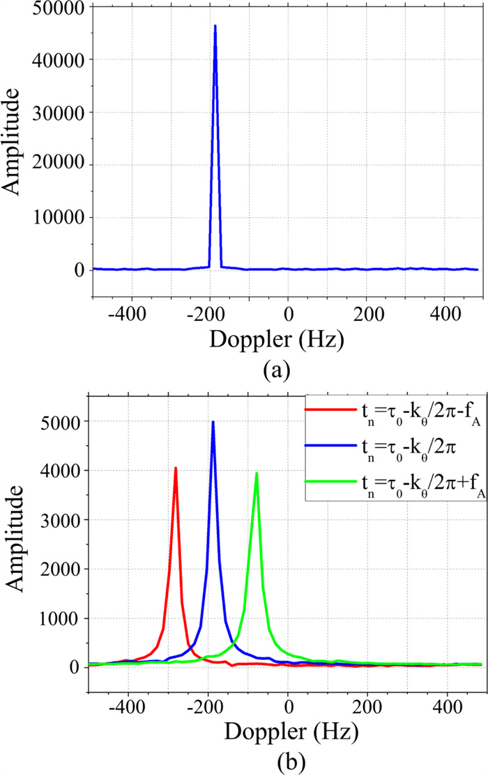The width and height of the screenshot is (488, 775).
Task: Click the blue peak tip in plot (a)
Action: click(215, 26)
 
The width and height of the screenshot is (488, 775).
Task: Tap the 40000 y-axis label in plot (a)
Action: click(55, 60)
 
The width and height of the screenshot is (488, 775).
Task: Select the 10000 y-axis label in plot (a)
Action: click(55, 217)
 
